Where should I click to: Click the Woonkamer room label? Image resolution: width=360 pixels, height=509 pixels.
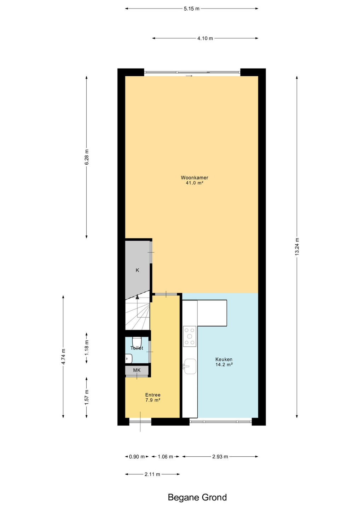click(x=194, y=177)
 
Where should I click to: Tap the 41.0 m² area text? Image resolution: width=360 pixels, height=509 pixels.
click(x=194, y=183)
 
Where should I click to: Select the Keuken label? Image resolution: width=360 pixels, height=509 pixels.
click(x=224, y=359)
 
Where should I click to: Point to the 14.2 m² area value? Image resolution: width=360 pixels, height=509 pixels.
click(x=224, y=365)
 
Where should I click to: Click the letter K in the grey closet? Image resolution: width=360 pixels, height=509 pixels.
click(x=137, y=270)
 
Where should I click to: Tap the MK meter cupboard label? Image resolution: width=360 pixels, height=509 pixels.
click(x=137, y=370)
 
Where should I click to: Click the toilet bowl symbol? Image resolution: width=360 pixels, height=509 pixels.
click(x=137, y=342)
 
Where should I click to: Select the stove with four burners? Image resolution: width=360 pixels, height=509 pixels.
click(x=190, y=336)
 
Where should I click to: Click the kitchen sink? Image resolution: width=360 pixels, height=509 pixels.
click(x=190, y=366)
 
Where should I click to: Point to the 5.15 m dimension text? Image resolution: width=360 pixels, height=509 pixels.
click(x=192, y=8)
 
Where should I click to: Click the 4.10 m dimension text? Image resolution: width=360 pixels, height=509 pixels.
click(x=205, y=38)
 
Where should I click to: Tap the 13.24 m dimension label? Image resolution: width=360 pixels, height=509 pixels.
click(x=297, y=247)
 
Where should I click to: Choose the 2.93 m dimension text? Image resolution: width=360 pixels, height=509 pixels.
click(x=220, y=457)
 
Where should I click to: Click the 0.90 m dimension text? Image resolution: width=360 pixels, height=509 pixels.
click(x=137, y=457)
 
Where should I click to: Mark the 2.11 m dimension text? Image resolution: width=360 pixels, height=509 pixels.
click(x=152, y=474)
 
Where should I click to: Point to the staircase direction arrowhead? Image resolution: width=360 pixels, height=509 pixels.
click(x=137, y=297)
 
